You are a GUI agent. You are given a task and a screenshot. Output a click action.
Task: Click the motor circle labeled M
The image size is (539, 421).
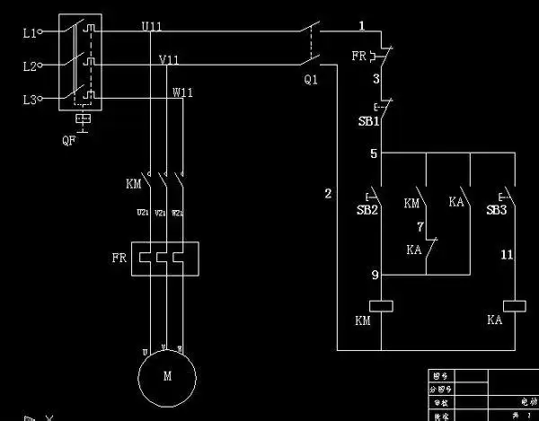point(166,376)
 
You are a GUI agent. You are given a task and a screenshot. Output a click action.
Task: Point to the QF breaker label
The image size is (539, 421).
point(69,139)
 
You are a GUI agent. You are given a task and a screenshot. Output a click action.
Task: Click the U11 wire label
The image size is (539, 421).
point(152,27)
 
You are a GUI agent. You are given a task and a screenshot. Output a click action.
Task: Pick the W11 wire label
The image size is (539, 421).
point(182,92)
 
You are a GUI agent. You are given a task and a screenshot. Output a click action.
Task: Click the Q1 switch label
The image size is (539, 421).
point(311,79)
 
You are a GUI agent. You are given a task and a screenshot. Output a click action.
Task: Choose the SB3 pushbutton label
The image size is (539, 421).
point(497,209)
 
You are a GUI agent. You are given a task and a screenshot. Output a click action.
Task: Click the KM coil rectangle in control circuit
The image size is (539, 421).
point(383,305)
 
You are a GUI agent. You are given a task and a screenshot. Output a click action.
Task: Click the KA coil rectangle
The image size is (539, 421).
point(514,305)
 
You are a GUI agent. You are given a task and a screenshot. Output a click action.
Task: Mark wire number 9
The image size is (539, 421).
point(374,275)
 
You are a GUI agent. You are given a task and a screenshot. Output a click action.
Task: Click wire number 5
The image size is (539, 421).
point(374,153)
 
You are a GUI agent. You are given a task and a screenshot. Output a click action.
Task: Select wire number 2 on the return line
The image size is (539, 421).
point(328,194)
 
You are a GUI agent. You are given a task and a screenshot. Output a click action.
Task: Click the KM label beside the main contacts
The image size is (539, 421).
point(134,184)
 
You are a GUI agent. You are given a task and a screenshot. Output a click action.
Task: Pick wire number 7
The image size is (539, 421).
point(419,226)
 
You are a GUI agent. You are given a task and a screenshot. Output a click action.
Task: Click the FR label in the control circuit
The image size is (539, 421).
point(358,56)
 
